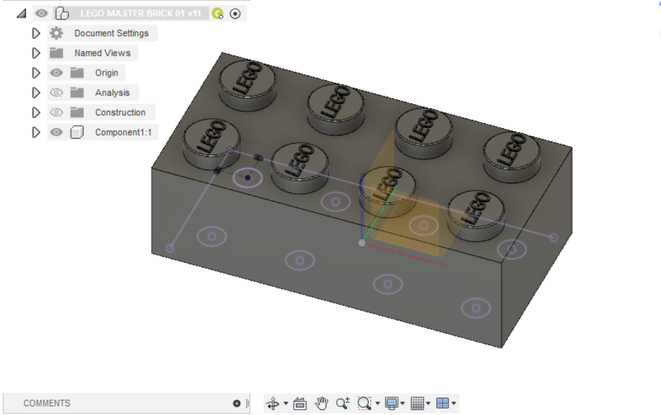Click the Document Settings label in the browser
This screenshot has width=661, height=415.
tap(111, 33)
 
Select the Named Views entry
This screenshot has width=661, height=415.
tap(102, 53)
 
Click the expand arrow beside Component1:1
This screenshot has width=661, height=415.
tap(36, 132)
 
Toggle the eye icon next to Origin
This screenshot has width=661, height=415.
tap(56, 73)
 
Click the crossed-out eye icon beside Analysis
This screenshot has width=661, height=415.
tap(56, 92)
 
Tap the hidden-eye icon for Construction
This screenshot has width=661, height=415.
tap(56, 112)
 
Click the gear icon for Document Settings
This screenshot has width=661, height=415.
tap(56, 33)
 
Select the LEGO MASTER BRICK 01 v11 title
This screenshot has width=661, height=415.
tap(140, 14)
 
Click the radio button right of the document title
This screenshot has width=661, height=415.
tap(235, 14)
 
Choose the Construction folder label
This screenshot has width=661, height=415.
tap(120, 112)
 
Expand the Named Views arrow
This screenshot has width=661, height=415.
tap(36, 53)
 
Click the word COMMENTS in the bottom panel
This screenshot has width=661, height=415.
tap(47, 403)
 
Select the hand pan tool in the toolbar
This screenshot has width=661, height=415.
tap(321, 404)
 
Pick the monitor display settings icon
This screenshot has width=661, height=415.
tap(392, 404)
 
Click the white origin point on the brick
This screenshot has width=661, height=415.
tap(361, 242)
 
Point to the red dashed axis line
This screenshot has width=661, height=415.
tap(407, 255)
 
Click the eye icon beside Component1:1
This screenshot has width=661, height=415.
tap(56, 132)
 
